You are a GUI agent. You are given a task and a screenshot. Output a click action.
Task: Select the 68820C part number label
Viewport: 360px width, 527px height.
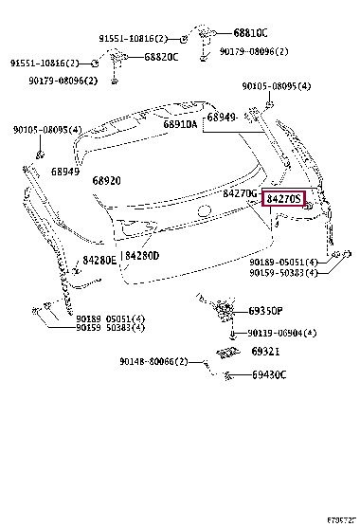point(163,57)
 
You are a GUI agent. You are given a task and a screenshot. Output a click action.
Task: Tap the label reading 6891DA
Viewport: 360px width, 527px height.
point(179,124)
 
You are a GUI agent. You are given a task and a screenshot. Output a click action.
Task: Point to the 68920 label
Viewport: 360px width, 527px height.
point(107,180)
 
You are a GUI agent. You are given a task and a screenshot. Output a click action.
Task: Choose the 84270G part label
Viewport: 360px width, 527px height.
point(241,193)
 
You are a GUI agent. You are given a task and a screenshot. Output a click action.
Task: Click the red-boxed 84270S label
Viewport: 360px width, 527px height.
point(283,199)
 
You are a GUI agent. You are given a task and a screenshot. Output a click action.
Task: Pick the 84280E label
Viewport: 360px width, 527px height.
point(99,259)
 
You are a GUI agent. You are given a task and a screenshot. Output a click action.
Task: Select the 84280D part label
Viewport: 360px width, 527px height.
point(142,256)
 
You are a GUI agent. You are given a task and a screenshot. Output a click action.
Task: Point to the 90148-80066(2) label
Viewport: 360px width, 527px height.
point(153,360)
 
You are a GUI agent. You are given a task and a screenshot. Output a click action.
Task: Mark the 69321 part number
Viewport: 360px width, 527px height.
point(265,352)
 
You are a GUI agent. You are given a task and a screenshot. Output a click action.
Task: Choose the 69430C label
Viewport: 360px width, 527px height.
point(270,374)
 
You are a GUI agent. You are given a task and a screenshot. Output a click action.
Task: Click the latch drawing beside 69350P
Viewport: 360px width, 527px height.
point(224,311)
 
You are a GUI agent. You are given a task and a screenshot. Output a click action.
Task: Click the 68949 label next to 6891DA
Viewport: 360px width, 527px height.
point(222,117)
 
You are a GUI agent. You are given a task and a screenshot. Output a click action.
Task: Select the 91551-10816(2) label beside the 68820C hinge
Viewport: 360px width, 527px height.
point(43,63)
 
